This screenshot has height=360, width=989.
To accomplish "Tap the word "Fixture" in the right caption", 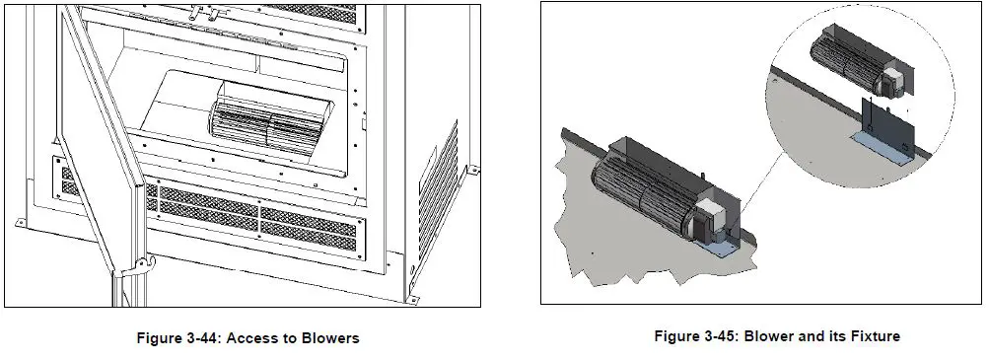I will click(871, 336).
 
